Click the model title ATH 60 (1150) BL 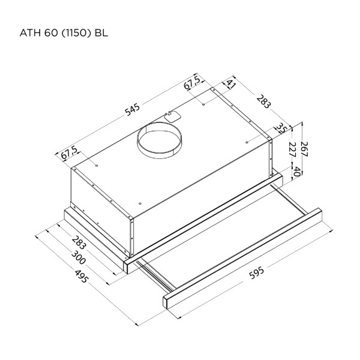[64, 33]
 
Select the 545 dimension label [133, 110]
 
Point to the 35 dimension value [280, 128]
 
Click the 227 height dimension [292, 149]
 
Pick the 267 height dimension [304, 149]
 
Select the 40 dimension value [297, 172]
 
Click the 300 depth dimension [78, 257]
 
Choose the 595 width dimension [257, 273]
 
